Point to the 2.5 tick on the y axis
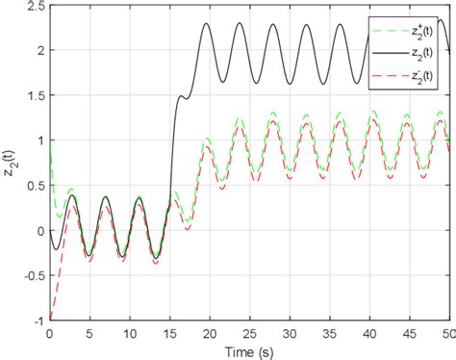click(x=35, y=7)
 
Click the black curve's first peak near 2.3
click(x=206, y=24)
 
